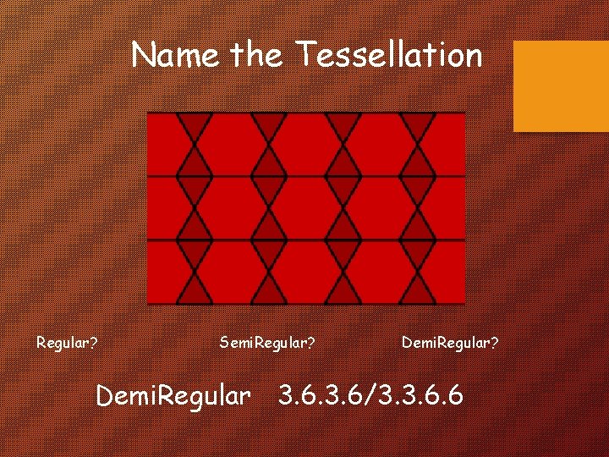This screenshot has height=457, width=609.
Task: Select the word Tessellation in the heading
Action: [389, 56]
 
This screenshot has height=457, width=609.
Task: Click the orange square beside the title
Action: [561, 85]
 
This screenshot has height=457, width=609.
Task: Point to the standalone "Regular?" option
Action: [66, 344]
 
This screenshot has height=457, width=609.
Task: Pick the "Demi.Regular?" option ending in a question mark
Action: [450, 344]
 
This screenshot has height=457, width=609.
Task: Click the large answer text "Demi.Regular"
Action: [173, 395]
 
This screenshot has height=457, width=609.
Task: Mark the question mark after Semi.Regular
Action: [311, 344]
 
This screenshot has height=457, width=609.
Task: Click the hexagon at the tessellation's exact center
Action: [306, 208]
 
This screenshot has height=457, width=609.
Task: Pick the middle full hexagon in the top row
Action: [306, 144]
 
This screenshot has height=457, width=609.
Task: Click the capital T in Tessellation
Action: [304, 56]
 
